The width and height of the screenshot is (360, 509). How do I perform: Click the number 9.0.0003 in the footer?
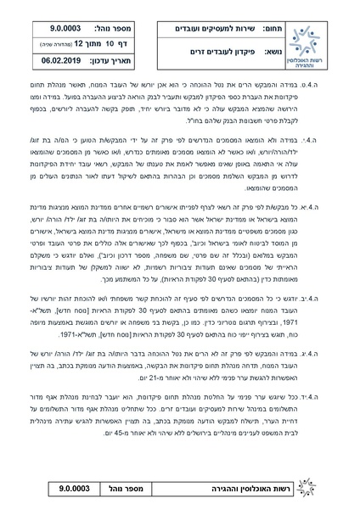(x=70, y=490)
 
